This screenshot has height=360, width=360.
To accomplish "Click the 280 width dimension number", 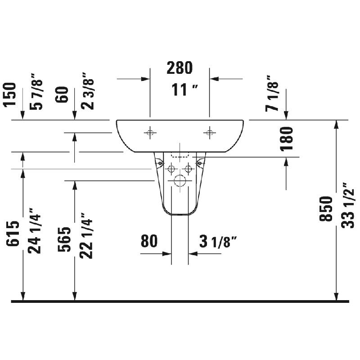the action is click(180, 68).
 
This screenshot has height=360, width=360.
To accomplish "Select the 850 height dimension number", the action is click(326, 209).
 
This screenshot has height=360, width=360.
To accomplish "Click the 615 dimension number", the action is click(13, 234).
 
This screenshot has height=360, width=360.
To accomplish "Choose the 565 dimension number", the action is click(64, 239).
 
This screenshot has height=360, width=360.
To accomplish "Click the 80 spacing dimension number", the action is click(149, 241).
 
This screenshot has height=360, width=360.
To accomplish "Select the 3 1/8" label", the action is click(218, 241).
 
